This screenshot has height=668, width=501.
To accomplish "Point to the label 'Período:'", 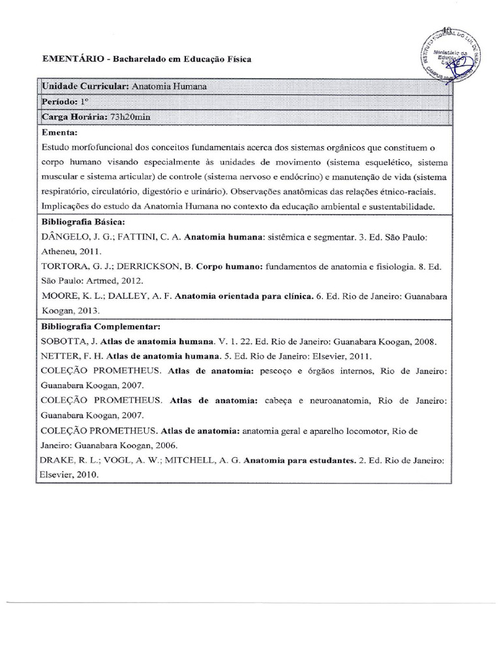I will coord(59,102).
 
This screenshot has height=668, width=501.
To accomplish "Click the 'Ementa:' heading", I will coord(59,131).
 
